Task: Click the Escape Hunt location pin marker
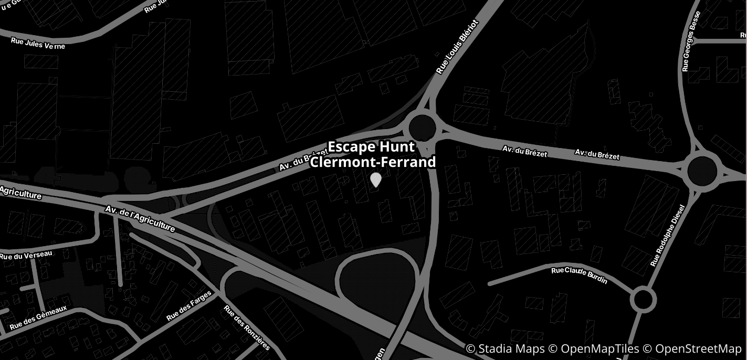pyautogui.click(x=376, y=179)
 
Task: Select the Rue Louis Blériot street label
pyautogui.click(x=458, y=47)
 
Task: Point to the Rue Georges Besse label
pyautogui.click(x=691, y=41)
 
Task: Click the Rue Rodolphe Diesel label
pyautogui.click(x=668, y=236)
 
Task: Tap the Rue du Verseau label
pyautogui.click(x=26, y=256)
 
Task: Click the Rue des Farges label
pyautogui.click(x=188, y=306)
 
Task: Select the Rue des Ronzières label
pyautogui.click(x=247, y=327)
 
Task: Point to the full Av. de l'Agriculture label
pyautogui.click(x=140, y=218)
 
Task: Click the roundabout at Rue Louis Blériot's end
pyautogui.click(x=423, y=126)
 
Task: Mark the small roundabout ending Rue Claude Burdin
pyautogui.click(x=643, y=300)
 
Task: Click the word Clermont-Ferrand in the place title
pyautogui.click(x=373, y=162)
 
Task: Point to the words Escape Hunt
pyautogui.click(x=372, y=147)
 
